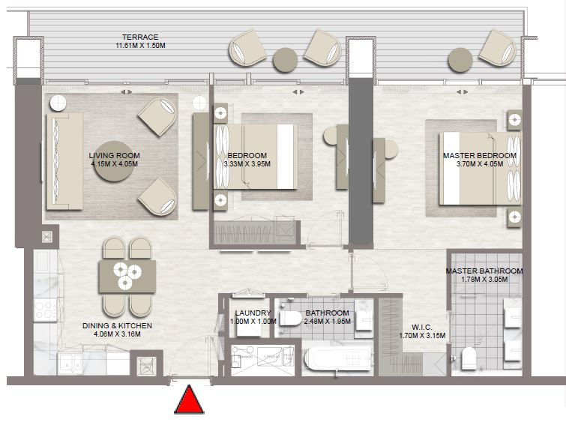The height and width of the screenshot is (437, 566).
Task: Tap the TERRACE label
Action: click(x=140, y=37)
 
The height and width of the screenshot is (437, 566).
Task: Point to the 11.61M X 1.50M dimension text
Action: click(x=140, y=46)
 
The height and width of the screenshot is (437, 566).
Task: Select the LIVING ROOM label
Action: click(x=115, y=155)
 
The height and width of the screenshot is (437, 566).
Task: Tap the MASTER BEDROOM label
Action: click(x=479, y=155)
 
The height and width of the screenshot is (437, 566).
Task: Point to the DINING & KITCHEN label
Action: click(x=118, y=326)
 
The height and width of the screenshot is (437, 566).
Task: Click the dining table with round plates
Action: click(x=127, y=276)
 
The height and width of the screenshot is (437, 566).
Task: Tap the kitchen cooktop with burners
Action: click(x=43, y=310)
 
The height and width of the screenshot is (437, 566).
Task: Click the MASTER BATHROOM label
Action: click(x=484, y=271)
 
